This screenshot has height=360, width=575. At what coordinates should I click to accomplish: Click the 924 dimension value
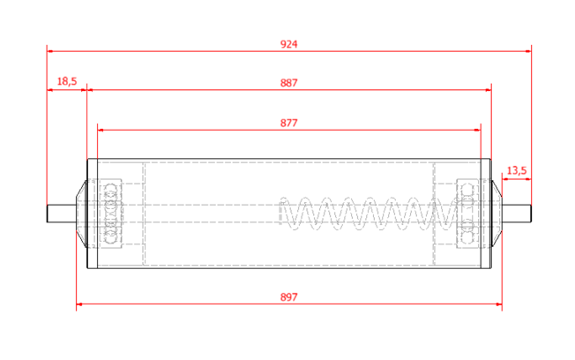pos(288,44)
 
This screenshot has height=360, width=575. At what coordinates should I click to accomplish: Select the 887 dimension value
pos(288,83)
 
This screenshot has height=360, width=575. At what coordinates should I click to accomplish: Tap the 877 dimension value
pos(288,123)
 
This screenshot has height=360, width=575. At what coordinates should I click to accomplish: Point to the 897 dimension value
pos(288,296)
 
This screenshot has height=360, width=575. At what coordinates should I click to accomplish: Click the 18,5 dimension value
pos(67,81)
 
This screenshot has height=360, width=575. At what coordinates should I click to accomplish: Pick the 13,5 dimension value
pos(516,170)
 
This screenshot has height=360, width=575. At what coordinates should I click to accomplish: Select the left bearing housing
pos(111,214)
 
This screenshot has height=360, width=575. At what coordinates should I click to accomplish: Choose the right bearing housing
pos(467,214)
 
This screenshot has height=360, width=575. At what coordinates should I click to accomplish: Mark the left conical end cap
pos(81,214)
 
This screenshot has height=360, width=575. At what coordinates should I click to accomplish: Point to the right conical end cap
pos(497,214)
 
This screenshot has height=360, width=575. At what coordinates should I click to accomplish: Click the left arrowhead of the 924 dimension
pos(50,51)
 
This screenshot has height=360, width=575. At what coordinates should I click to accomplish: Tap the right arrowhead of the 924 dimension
pos(528,51)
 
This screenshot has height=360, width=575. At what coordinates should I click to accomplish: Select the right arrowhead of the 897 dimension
pos(498,304)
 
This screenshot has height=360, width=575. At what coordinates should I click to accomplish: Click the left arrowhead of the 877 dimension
pos(101,130)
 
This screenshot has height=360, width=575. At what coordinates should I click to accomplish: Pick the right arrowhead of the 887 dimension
pos(488,90)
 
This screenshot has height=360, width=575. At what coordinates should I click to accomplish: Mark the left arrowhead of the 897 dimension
pos(79,304)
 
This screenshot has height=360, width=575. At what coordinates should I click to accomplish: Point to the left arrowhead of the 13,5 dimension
pos(505,179)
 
